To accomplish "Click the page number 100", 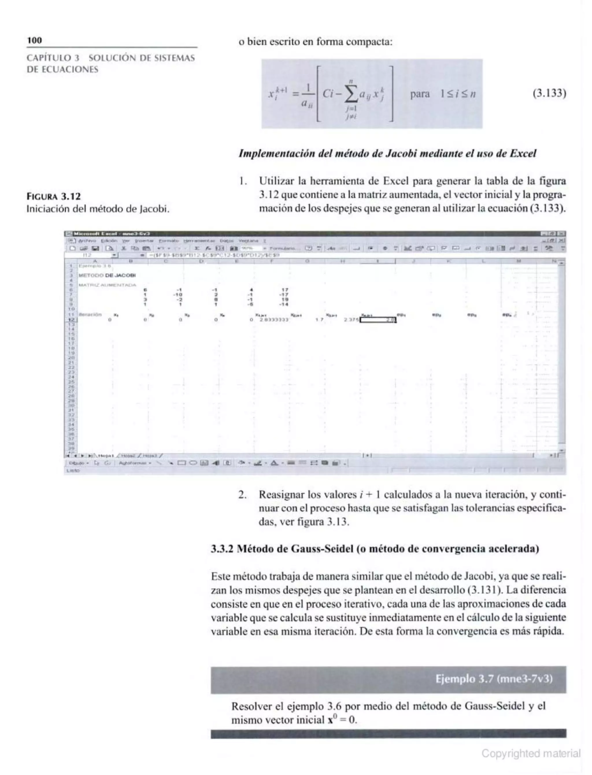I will pos(34,40).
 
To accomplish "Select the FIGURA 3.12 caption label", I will pos(53,196).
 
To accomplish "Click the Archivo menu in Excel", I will pos(87,241).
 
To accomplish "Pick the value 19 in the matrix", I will pos(285,299).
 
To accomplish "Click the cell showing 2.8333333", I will pos(274,320).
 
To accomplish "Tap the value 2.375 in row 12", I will pos(351,320).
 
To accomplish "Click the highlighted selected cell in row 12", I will pos(378,320).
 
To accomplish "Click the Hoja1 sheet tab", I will pos(106,455).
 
